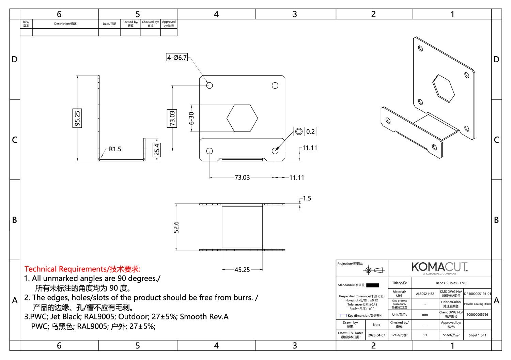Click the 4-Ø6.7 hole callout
tap(177, 57)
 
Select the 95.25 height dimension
tap(77, 118)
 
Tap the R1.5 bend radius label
tap(115, 149)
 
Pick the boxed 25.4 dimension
tap(157, 150)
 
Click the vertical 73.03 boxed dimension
tap(172, 118)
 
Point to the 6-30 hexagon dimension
tap(191, 118)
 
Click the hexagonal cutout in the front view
tap(242, 118)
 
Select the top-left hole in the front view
tap(210, 85)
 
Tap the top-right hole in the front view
tap(275, 85)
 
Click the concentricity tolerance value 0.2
tap(310, 131)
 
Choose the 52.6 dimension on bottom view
tap(176, 227)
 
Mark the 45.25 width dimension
tap(242, 270)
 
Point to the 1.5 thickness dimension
tap(307, 198)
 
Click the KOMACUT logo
tap(439, 267)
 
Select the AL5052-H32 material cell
tap(425, 294)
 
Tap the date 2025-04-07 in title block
tap(376, 335)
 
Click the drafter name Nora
tap(376, 325)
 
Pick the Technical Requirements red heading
tap(82, 269)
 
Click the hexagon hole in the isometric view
tap(443, 88)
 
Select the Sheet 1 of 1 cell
tap(477, 335)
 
